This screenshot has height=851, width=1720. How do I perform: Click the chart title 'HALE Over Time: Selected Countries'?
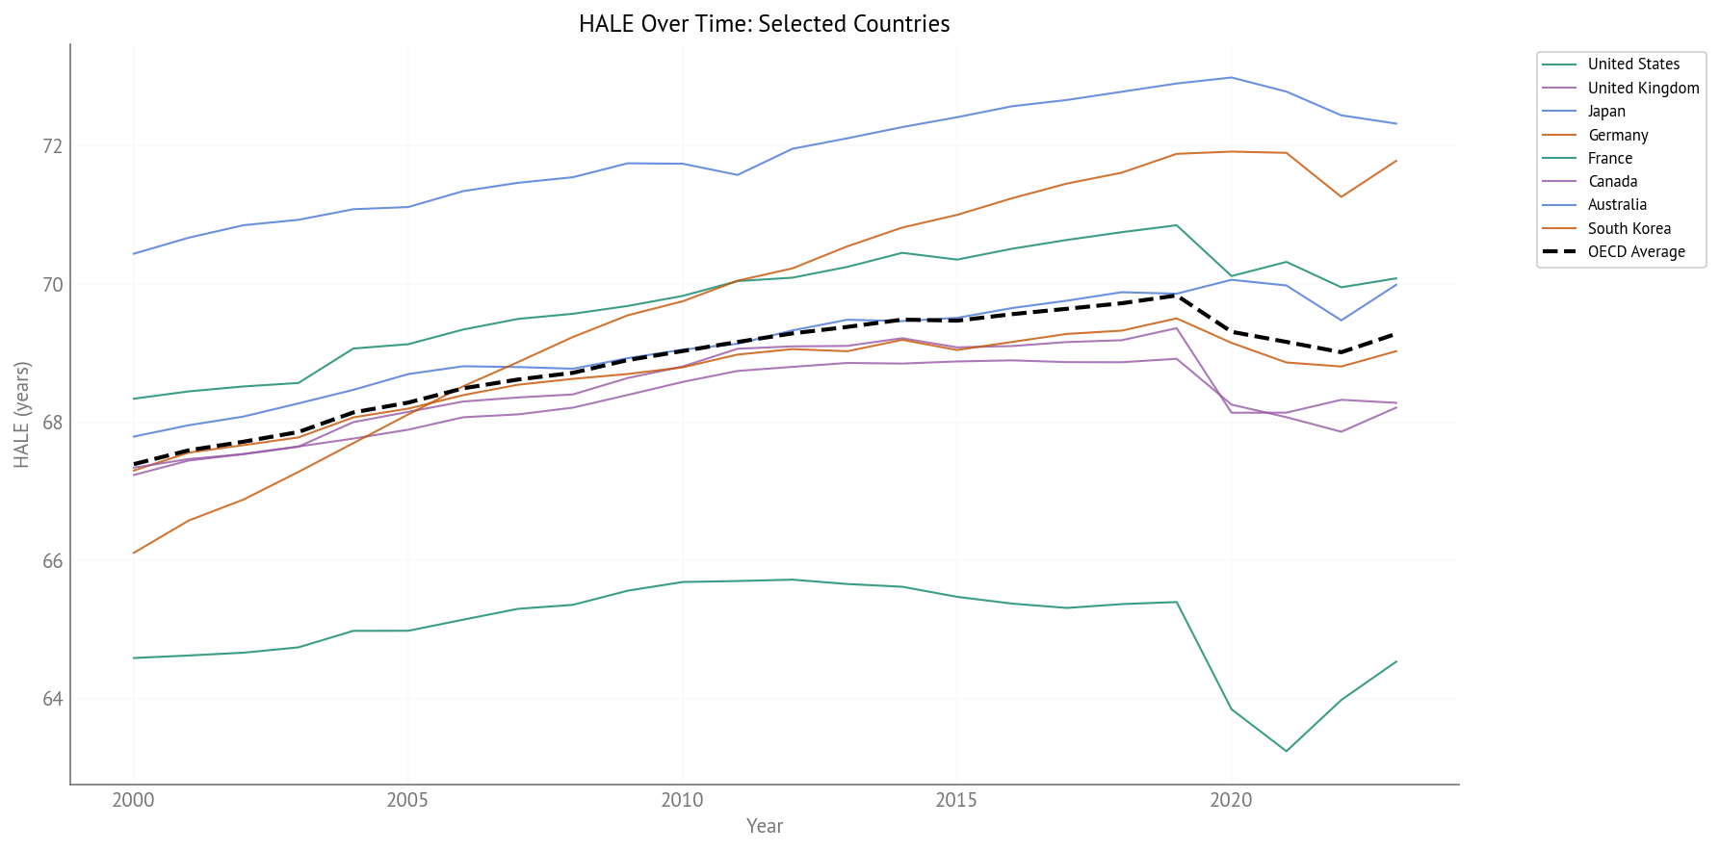tap(764, 24)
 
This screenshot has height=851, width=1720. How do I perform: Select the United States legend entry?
tap(1632, 64)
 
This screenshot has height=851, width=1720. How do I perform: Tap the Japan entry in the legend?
tap(1605, 112)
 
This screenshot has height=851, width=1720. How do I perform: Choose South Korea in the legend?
tap(1629, 229)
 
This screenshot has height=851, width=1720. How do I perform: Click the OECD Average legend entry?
tap(1635, 252)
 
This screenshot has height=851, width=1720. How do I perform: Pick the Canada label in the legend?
tap(1612, 182)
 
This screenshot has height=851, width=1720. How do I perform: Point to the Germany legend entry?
tap(1617, 136)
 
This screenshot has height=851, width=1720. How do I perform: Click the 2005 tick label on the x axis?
tap(407, 800)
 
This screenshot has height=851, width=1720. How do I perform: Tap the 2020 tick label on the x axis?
tap(1231, 800)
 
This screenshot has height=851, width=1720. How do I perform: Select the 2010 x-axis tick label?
tap(682, 800)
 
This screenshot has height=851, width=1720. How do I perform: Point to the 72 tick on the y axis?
tap(52, 146)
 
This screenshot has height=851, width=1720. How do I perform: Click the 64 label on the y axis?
tap(52, 699)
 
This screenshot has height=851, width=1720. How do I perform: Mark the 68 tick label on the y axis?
tap(52, 423)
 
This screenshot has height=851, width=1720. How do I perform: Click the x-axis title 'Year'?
tap(765, 826)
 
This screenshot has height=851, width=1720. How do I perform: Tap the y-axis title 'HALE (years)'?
tap(22, 415)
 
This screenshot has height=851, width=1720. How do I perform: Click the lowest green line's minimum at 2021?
tap(1286, 751)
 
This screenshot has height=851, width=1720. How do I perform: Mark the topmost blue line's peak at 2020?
tap(1231, 77)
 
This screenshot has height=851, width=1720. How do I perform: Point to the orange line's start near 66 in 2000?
tap(134, 553)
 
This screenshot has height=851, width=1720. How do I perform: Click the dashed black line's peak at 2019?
tap(1176, 296)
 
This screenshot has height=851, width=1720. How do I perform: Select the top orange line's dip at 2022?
tap(1341, 197)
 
